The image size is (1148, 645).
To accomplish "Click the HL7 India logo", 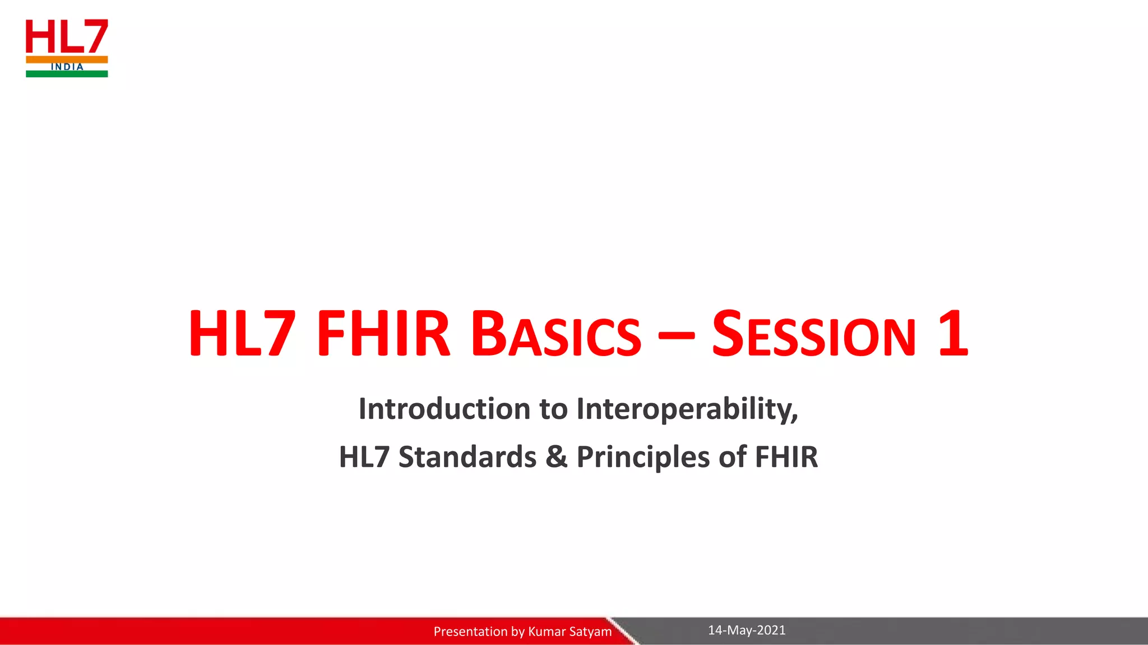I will [67, 48].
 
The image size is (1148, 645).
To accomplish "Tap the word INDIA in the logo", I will [67, 67].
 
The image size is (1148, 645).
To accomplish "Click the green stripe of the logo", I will [67, 74].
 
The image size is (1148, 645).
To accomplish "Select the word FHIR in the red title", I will [383, 334].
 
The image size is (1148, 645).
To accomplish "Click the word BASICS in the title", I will [556, 335].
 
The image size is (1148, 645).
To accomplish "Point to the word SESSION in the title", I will [814, 335].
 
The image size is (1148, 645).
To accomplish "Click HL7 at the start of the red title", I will [242, 334].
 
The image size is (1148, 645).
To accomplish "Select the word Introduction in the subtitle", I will [445, 408].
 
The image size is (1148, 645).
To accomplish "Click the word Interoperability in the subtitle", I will [687, 409].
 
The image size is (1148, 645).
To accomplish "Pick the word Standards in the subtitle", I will [467, 457].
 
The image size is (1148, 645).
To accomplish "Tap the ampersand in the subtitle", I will [556, 457].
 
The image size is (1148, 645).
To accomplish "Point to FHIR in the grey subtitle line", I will [786, 457].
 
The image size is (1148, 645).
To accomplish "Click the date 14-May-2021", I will [747, 630].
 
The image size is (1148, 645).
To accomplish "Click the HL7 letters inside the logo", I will [67, 36].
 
